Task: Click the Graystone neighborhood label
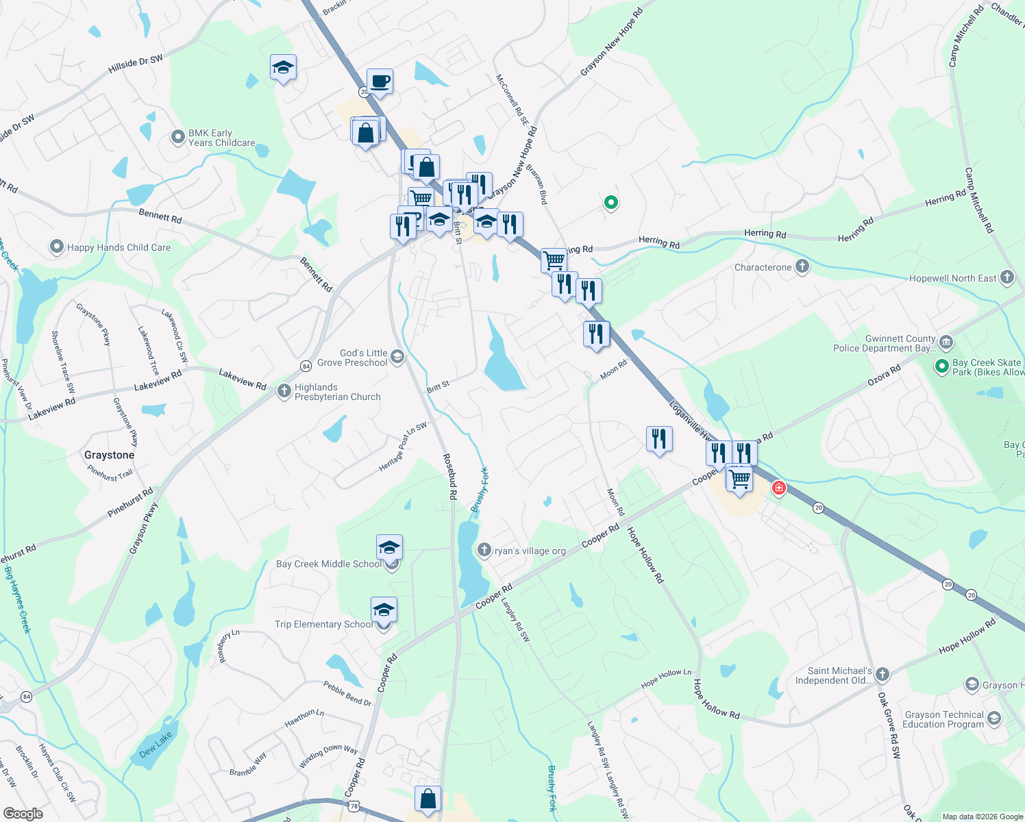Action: (109, 455)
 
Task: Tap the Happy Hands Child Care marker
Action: (57, 247)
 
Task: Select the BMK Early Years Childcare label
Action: (221, 138)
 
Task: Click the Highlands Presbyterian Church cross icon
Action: (284, 391)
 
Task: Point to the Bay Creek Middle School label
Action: (329, 564)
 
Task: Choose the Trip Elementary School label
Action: (324, 624)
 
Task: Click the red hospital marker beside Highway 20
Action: (778, 488)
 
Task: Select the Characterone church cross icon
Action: (802, 266)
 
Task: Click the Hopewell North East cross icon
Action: (1007, 277)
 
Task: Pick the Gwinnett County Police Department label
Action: (884, 343)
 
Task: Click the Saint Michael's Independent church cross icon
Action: (882, 675)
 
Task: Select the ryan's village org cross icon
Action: (484, 550)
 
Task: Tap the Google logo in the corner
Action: (23, 814)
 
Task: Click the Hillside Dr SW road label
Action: (136, 64)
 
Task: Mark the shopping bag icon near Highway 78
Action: (428, 799)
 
